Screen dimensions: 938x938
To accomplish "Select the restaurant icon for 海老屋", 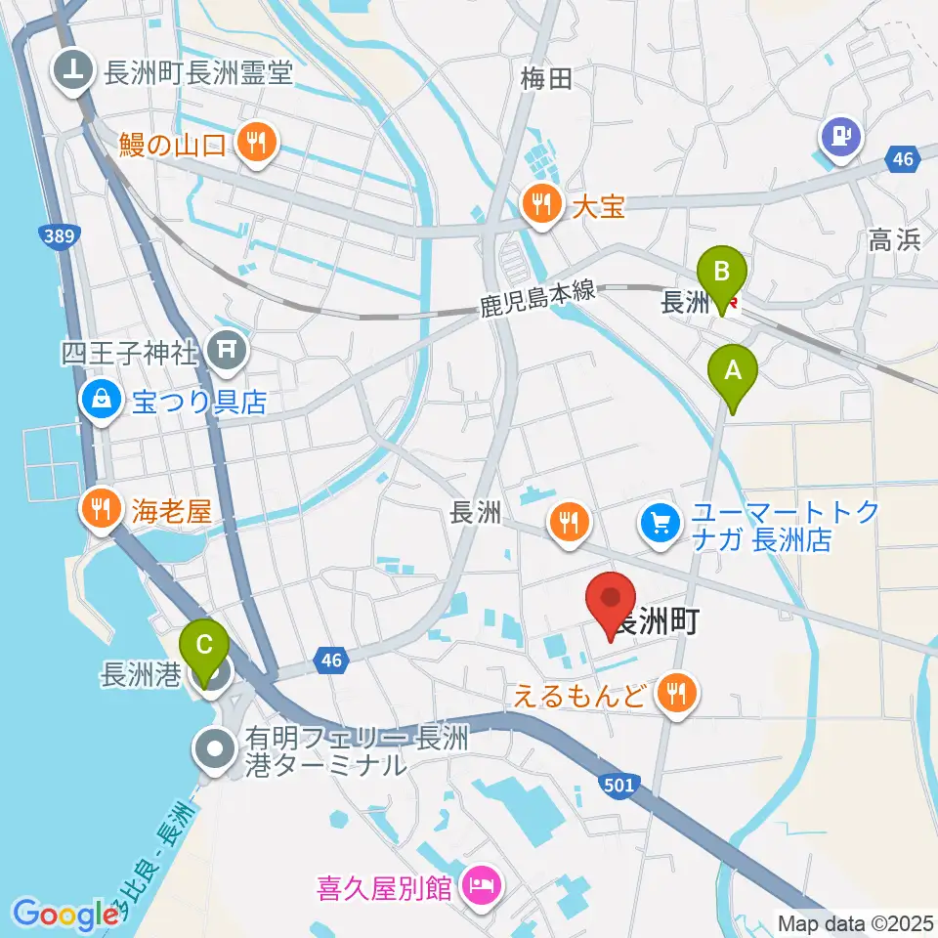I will tap(101, 508).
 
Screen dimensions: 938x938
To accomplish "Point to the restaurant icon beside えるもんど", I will tap(675, 695).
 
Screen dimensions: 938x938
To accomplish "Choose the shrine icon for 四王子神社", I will tap(228, 347).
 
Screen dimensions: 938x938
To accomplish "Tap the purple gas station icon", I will tap(841, 136).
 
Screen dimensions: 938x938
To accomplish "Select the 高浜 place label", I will tap(894, 240).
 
